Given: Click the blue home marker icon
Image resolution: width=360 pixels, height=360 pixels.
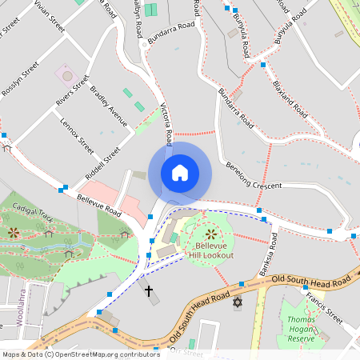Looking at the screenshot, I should click(180, 173).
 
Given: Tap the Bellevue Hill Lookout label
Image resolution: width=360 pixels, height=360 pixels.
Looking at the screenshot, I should click(211, 250).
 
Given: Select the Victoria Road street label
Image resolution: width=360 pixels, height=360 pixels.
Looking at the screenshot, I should click(166, 124).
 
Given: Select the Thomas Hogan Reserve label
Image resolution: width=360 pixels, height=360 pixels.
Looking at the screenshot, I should click(301, 329).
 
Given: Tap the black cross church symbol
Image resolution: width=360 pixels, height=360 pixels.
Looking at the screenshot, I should click(148, 290).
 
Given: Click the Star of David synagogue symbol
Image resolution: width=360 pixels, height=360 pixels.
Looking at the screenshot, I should click(237, 302).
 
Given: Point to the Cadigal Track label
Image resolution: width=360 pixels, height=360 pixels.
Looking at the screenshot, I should click(33, 211).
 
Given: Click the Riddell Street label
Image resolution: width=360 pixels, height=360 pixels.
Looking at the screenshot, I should click(102, 164).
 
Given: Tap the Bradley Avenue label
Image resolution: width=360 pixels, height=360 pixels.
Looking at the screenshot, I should click(109, 106).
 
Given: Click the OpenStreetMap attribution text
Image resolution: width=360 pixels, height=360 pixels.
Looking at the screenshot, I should click(81, 354).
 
